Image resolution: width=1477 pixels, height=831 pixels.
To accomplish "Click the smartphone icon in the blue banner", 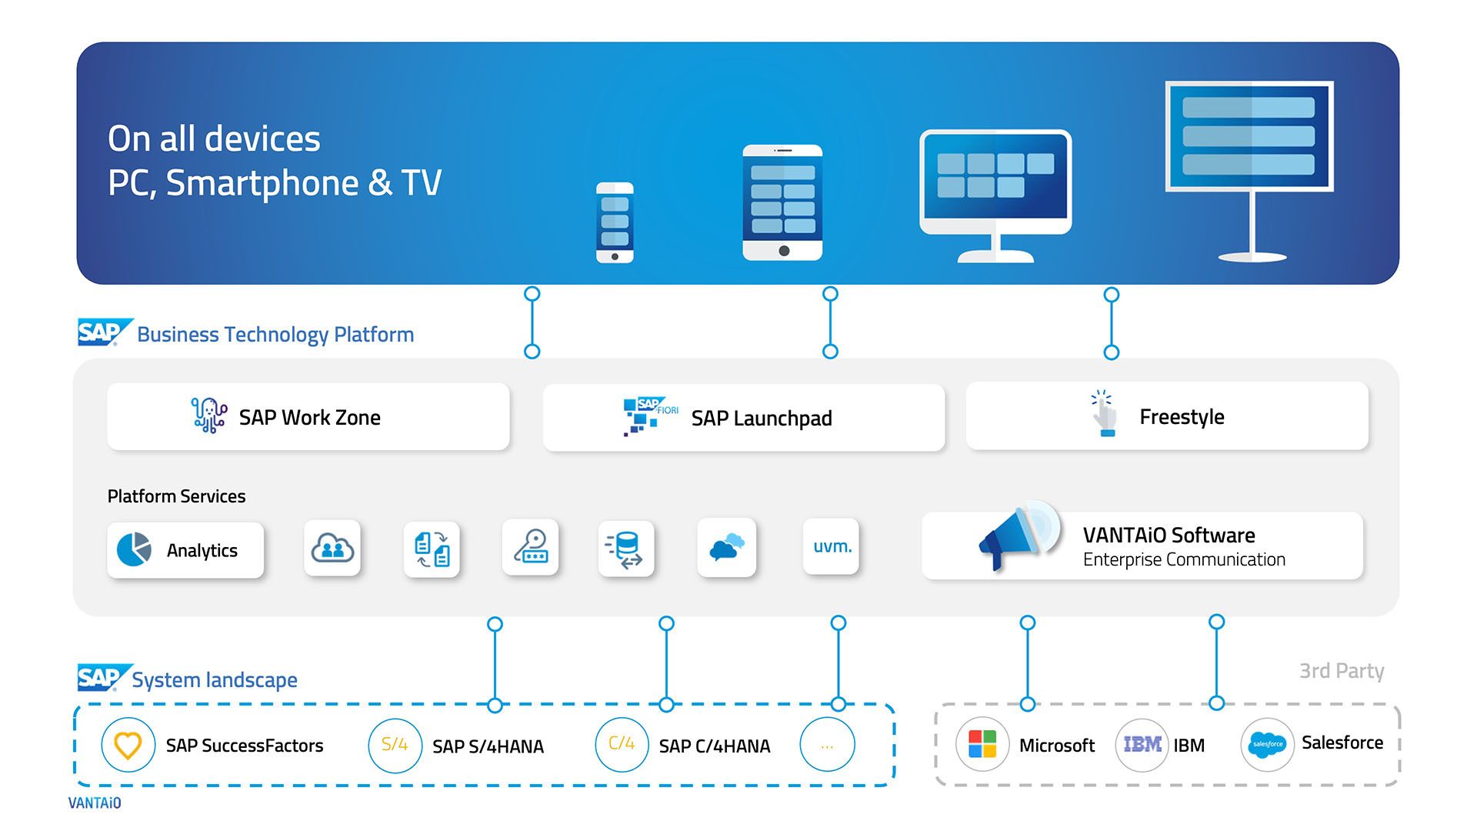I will (x=615, y=222).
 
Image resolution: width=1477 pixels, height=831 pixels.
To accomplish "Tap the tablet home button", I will (x=783, y=251).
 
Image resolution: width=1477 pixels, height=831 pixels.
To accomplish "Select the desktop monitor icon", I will (x=995, y=194).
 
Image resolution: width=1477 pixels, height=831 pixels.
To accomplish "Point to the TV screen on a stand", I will (x=1249, y=137).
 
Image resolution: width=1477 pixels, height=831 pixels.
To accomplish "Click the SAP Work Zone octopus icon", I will (x=208, y=415).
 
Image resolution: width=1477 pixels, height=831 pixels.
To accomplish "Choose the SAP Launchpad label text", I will (x=761, y=418).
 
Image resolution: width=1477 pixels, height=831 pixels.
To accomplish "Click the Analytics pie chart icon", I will (x=134, y=549).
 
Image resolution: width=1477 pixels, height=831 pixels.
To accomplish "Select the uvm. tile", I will (x=831, y=546).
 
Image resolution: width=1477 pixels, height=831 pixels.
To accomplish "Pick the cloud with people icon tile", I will (x=332, y=548).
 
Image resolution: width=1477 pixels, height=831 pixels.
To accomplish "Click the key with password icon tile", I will (x=530, y=547).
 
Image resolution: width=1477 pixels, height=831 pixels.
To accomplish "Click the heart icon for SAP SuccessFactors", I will (x=128, y=745).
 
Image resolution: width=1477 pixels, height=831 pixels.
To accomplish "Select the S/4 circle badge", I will (x=395, y=745).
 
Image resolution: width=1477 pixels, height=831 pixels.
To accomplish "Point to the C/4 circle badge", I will (x=622, y=745).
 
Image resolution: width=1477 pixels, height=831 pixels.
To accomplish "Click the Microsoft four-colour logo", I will (x=982, y=745).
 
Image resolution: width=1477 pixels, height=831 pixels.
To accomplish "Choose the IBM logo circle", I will (x=1142, y=745).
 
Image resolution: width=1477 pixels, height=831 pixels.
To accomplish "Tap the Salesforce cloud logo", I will (x=1267, y=745).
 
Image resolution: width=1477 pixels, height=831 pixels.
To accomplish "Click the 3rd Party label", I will (x=1341, y=671).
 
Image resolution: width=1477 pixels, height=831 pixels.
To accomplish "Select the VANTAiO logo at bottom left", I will (x=95, y=803).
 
